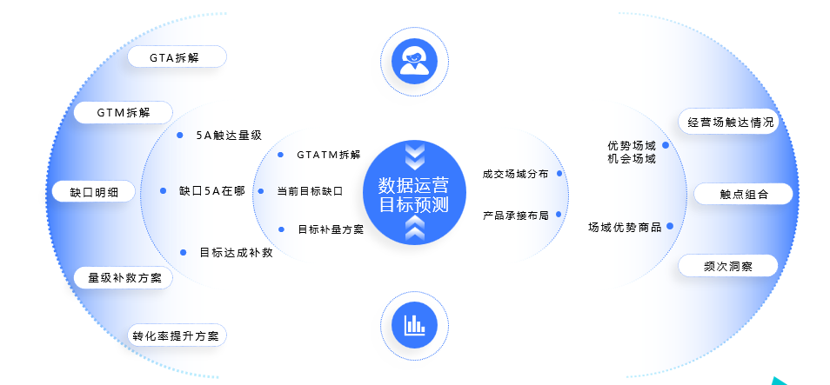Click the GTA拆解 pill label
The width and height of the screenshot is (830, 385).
[x=177, y=57]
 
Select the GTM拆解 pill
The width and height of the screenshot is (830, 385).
[x=123, y=113]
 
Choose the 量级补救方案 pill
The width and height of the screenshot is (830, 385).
[x=124, y=278]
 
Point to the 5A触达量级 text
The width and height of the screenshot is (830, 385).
[x=228, y=136]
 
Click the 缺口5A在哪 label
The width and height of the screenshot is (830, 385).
[x=211, y=190]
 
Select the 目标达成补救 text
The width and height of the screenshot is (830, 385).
[x=236, y=253]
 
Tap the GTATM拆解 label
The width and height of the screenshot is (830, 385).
[x=327, y=155]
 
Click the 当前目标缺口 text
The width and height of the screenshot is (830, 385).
[x=309, y=190]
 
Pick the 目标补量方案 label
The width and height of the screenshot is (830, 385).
[x=330, y=229]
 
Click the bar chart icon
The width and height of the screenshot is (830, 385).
[x=414, y=324]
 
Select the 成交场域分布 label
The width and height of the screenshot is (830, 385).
[x=515, y=174]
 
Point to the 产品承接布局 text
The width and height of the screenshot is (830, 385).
[x=515, y=214]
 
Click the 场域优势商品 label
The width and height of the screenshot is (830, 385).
[x=625, y=228]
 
